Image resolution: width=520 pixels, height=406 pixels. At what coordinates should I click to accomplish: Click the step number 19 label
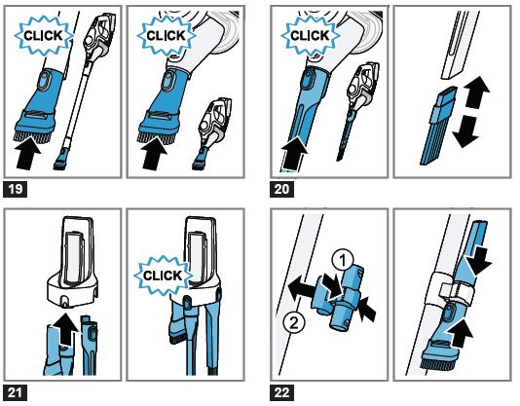(x=15, y=190)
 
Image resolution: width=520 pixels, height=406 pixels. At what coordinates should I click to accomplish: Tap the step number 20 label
(x=281, y=190)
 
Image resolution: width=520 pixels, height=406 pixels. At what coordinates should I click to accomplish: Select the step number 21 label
(x=15, y=392)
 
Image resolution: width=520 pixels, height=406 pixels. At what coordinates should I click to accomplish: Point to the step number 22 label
(x=281, y=392)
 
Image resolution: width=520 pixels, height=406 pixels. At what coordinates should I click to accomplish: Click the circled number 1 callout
(x=343, y=260)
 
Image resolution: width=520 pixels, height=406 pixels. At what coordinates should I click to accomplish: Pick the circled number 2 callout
(x=294, y=322)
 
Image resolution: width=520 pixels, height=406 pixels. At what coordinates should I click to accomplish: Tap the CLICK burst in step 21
(x=163, y=276)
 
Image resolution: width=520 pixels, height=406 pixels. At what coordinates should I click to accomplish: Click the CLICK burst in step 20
(x=310, y=36)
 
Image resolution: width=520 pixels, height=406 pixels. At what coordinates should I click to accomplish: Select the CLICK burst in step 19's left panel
(x=43, y=36)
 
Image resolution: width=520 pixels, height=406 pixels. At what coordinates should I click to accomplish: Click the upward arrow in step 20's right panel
(x=476, y=92)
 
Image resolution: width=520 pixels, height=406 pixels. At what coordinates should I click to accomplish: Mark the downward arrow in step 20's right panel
(x=465, y=132)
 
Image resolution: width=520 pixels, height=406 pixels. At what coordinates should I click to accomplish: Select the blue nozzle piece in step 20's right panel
(x=439, y=126)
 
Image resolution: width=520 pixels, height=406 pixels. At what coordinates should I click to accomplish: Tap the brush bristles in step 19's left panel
(x=32, y=135)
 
